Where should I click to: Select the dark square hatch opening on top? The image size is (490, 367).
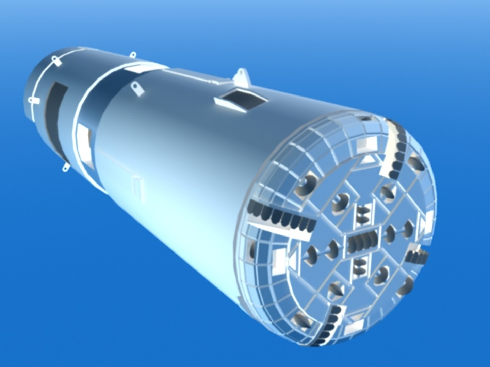[x=240, y=100]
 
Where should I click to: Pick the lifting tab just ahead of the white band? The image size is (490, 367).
[x=138, y=88]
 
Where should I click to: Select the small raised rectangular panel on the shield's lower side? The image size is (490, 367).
[x=137, y=187]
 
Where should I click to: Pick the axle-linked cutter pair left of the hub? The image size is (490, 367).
[x=322, y=252]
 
